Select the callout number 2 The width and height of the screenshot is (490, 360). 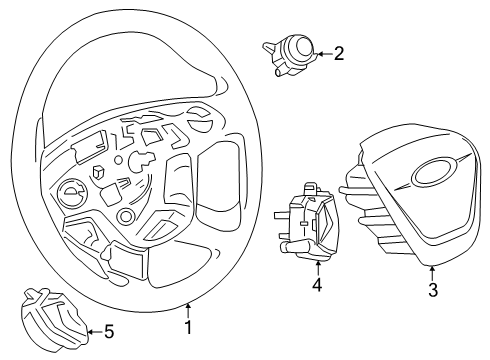[339, 54]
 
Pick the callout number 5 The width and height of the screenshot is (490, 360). [109, 332]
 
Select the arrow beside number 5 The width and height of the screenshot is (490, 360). [93, 332]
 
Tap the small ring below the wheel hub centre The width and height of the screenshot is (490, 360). [125, 217]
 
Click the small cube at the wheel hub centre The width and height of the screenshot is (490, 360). [100, 171]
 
